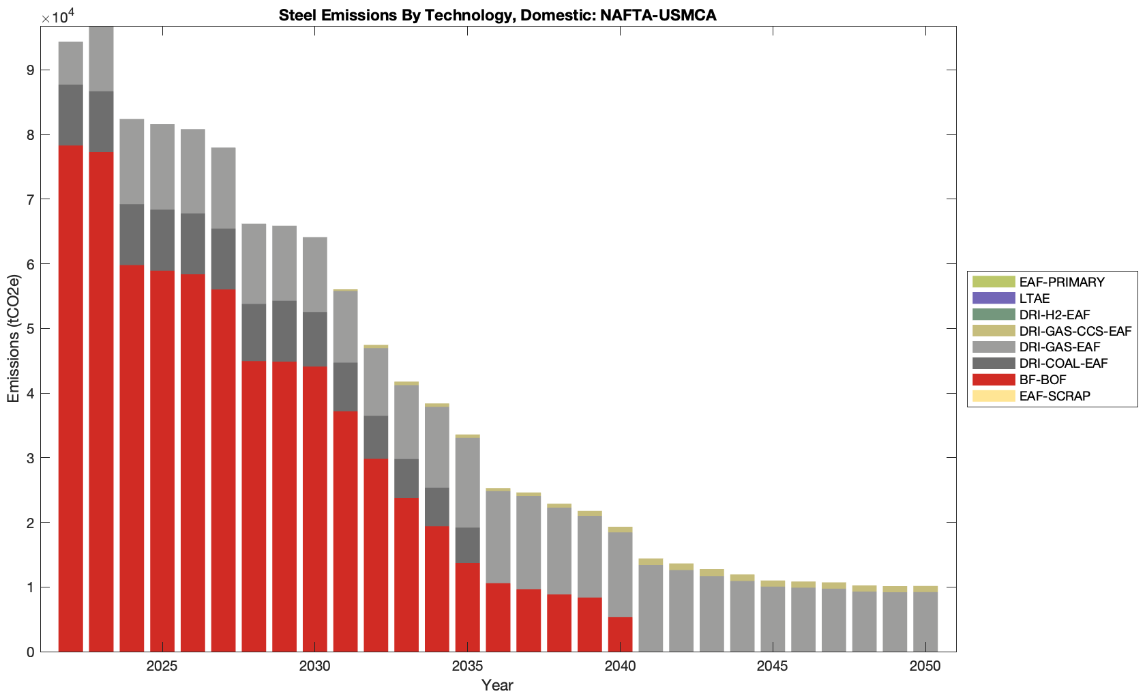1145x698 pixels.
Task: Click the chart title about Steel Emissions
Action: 497,15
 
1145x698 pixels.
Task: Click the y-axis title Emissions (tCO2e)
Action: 14,338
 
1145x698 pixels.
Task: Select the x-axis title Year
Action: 497,685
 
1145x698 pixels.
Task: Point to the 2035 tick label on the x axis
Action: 467,666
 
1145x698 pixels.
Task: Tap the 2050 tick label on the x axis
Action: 925,666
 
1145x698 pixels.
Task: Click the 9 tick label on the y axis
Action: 30,70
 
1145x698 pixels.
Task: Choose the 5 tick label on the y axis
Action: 30,329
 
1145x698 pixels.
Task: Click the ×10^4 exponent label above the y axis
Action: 57,16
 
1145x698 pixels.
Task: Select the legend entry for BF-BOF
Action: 1042,379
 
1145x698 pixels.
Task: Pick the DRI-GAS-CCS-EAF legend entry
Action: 1075,331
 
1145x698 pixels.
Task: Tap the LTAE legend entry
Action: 1034,298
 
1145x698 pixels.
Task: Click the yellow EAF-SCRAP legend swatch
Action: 993,396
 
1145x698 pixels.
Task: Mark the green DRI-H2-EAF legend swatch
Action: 993,315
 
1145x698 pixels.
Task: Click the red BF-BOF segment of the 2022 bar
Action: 71,396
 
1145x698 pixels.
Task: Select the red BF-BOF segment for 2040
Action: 620,635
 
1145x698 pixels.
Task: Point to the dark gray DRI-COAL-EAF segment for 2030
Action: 314,339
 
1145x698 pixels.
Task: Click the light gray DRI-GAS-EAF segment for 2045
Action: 773,619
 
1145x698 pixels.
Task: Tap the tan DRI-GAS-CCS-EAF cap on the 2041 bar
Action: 651,562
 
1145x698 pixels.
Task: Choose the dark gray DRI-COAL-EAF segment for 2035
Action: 467,545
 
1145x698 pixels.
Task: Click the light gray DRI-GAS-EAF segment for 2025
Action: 162,167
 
